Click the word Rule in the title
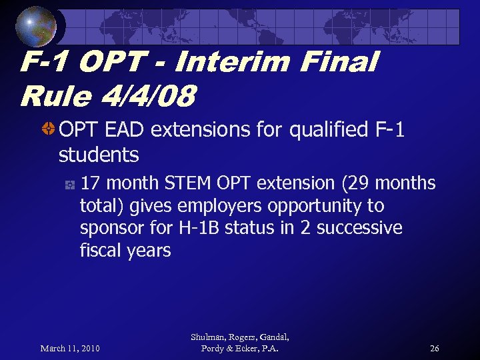click(x=53, y=97)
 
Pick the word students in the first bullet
click(x=99, y=155)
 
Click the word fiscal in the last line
click(x=99, y=251)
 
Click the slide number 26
click(x=434, y=348)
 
